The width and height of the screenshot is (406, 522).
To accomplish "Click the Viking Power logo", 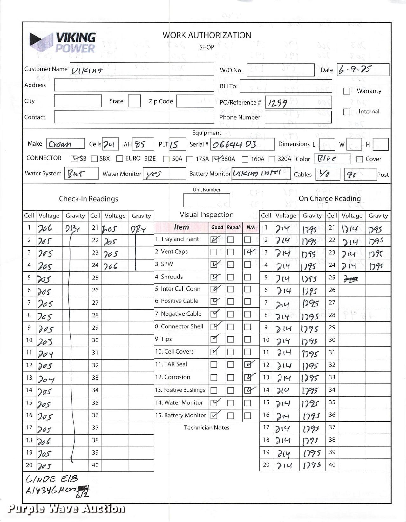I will pyautogui.click(x=63, y=43).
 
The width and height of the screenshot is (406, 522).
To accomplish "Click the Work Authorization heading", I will pyautogui.click(x=206, y=35).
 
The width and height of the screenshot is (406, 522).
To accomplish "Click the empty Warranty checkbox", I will pyautogui.click(x=347, y=91).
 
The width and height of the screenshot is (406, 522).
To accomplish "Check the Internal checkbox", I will pyautogui.click(x=347, y=112).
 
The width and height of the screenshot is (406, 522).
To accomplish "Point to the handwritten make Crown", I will pyautogui.click(x=60, y=144).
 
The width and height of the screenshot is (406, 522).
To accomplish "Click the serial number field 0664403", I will pyautogui.click(x=234, y=145).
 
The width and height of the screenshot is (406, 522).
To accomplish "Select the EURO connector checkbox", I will pyautogui.click(x=120, y=159).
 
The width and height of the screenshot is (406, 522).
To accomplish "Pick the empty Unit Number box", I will pyautogui.click(x=206, y=200).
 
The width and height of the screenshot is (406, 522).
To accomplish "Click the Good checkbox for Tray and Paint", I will pyautogui.click(x=214, y=239).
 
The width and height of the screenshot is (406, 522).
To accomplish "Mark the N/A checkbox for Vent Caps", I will pyautogui.click(x=248, y=252).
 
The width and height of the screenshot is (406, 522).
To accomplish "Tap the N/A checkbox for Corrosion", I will pyautogui.click(x=248, y=377).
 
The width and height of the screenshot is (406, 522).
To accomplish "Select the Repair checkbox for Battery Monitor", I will pyautogui.click(x=231, y=416).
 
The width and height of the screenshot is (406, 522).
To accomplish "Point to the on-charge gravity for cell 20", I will pyautogui.click(x=312, y=465).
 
